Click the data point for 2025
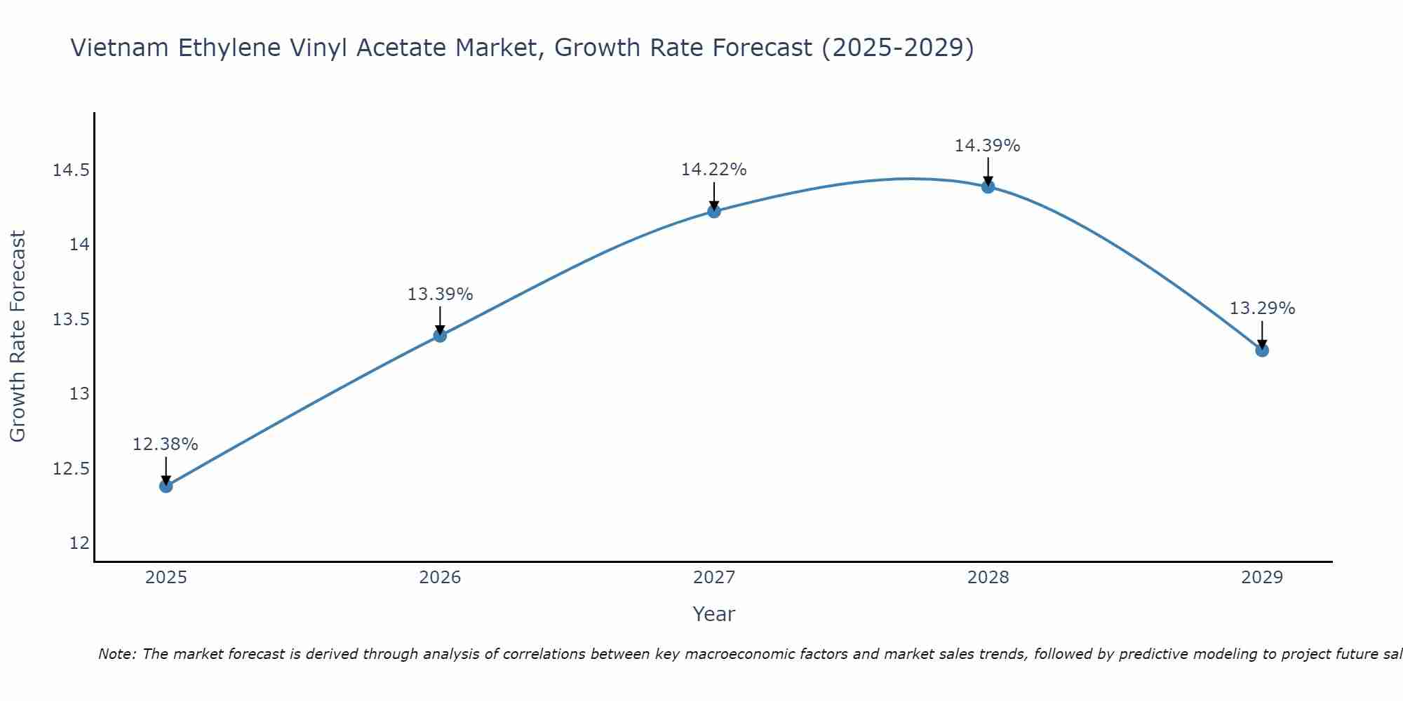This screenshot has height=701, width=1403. [166, 486]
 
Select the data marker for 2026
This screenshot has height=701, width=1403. [440, 336]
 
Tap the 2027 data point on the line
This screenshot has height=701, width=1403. [714, 211]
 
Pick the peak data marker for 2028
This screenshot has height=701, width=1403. [988, 186]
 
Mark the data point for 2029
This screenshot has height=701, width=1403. [1262, 350]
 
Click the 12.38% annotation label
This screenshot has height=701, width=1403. [166, 444]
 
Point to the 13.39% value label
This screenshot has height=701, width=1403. [440, 294]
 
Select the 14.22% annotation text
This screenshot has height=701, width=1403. [714, 170]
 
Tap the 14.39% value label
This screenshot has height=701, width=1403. [987, 146]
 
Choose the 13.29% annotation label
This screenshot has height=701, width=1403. [1262, 308]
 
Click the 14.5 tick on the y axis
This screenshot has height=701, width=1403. [71, 170]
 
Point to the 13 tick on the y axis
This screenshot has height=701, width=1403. [79, 394]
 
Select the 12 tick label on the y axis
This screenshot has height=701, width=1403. [79, 543]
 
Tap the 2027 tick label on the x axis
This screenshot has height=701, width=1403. [714, 578]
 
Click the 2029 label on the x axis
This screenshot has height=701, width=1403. [1262, 578]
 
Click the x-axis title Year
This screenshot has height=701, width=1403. [714, 614]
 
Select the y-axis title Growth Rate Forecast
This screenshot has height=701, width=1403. [18, 336]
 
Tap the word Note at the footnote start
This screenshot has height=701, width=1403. [118, 654]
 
